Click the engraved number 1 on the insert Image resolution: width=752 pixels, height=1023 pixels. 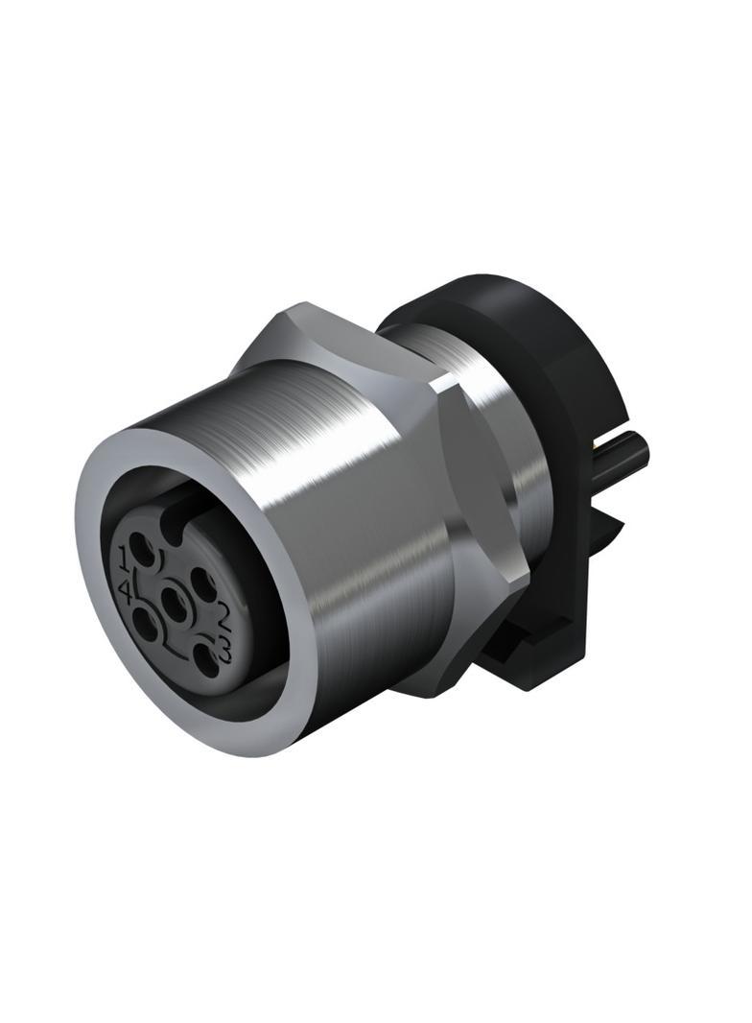tap(125, 558)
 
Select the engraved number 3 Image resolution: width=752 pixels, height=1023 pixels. tap(225, 650)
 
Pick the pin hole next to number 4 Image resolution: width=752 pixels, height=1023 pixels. tap(145, 618)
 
